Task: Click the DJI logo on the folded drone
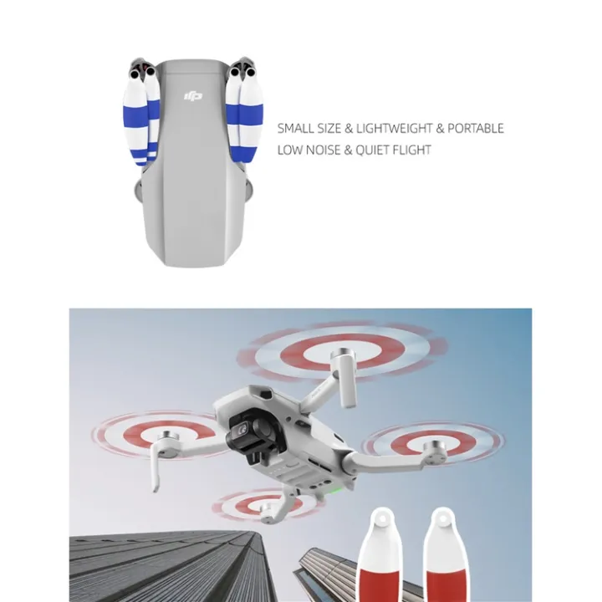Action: pos(192,97)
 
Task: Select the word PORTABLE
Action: pos(476,129)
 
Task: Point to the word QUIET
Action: pos(374,150)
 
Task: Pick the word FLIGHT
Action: pos(413,150)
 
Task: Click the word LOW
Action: pos(289,150)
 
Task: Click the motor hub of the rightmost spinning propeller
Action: pos(435,449)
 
